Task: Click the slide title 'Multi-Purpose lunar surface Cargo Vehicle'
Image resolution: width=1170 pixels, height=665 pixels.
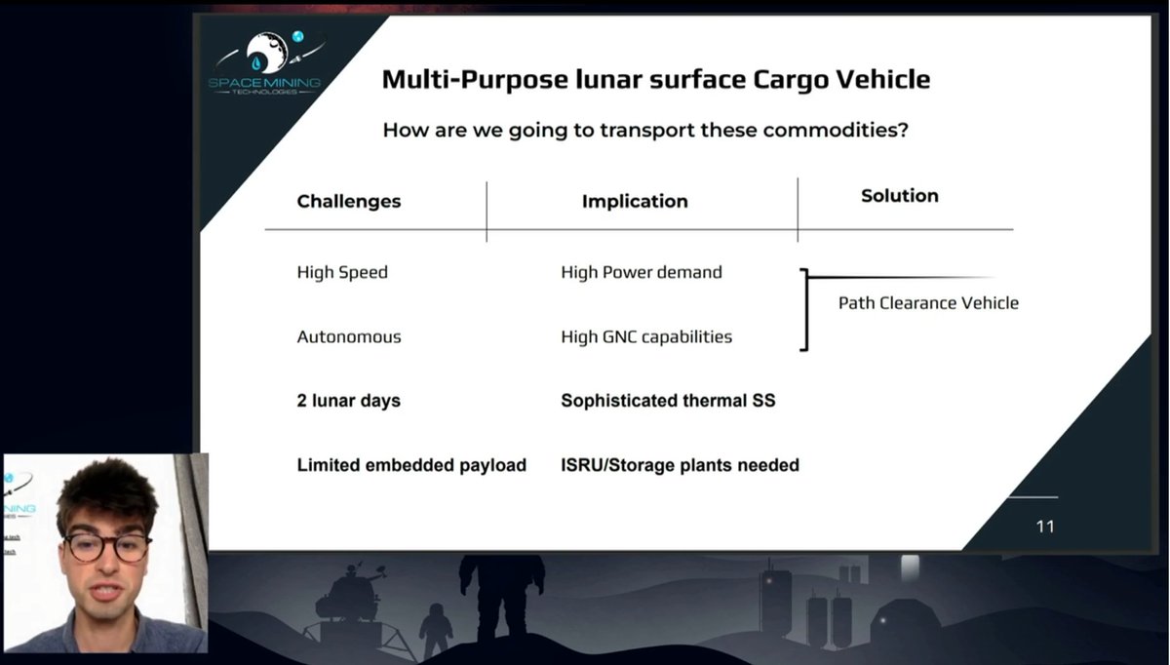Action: pyautogui.click(x=655, y=79)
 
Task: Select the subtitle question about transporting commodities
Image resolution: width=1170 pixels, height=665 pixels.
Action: pyautogui.click(x=645, y=130)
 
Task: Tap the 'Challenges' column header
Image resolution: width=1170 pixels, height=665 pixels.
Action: pyautogui.click(x=348, y=201)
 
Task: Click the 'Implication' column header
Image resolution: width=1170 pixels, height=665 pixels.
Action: pyautogui.click(x=635, y=201)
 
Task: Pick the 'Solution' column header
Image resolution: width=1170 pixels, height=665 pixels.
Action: pyautogui.click(x=899, y=196)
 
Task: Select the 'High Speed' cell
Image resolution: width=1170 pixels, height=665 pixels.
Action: pyautogui.click(x=342, y=272)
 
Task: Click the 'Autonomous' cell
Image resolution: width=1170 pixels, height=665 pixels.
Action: pyautogui.click(x=348, y=336)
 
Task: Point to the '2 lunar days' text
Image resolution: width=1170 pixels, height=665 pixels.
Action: pyautogui.click(x=348, y=401)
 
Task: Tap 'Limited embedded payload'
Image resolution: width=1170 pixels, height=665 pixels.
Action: pyautogui.click(x=410, y=465)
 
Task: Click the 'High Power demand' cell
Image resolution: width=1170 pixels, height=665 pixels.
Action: pyautogui.click(x=641, y=272)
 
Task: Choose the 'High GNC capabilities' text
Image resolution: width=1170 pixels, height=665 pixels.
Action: pyautogui.click(x=645, y=336)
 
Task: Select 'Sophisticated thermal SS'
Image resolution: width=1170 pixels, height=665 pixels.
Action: pyautogui.click(x=668, y=401)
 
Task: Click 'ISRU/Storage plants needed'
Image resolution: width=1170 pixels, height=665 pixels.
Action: pyautogui.click(x=680, y=465)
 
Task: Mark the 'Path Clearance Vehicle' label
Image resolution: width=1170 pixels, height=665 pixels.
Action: pyautogui.click(x=927, y=303)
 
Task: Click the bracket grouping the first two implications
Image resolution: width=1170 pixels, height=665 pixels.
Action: pyautogui.click(x=804, y=309)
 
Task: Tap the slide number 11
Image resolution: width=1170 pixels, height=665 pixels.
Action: pyautogui.click(x=1044, y=527)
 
